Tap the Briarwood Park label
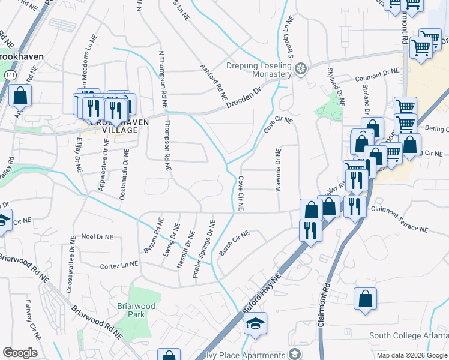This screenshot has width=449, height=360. pos(137,310)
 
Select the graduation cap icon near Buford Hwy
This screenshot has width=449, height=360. pos(256,324)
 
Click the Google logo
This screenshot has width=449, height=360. pos(20,353)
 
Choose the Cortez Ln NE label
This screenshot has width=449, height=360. pos(119,265)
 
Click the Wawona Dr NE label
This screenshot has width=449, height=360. pos(278,170)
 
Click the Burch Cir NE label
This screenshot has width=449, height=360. pos(234,243)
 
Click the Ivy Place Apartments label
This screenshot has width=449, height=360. pos(250,353)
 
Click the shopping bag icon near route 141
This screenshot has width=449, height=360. pos(20,95)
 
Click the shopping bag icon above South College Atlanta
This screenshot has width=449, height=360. pos(365,299)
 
